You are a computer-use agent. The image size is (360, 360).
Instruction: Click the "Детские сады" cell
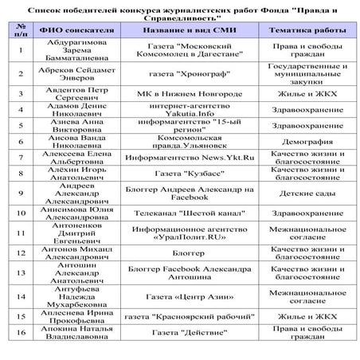307,192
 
